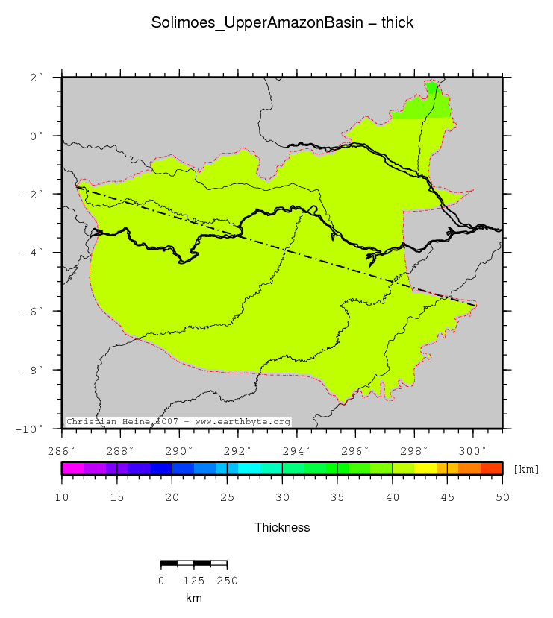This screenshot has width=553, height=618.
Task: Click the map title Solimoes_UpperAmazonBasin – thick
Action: tap(282, 23)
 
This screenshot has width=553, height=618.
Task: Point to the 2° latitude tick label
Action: tap(36, 77)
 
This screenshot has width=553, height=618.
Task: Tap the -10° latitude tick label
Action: tap(31, 429)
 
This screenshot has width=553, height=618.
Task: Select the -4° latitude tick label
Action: tap(34, 253)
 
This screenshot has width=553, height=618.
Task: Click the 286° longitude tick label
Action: tap(61, 450)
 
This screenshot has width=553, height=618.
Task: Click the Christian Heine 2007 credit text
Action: tap(178, 422)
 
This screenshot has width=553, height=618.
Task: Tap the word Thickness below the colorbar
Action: tap(282, 527)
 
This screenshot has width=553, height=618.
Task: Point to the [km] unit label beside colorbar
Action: tap(526, 469)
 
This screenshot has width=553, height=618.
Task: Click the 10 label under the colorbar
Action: tap(62, 497)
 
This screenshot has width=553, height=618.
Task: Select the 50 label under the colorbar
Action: tap(502, 497)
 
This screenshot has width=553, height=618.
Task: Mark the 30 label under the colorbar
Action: tap(282, 497)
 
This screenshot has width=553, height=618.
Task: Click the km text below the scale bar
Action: tap(193, 598)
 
